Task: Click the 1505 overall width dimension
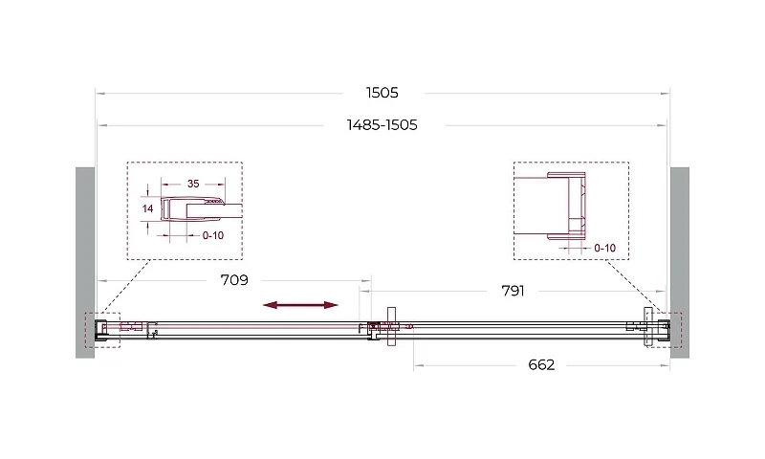pos(382,93)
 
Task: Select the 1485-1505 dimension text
pos(382,125)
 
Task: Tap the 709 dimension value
pos(234,280)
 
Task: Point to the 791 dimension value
pos(513,292)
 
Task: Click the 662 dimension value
pos(541,365)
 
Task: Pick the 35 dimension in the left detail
pos(193,184)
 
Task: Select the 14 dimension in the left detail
pos(147,208)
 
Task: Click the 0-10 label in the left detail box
pos(213,235)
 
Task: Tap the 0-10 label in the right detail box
pos(605,249)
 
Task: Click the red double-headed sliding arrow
pos(300,305)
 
